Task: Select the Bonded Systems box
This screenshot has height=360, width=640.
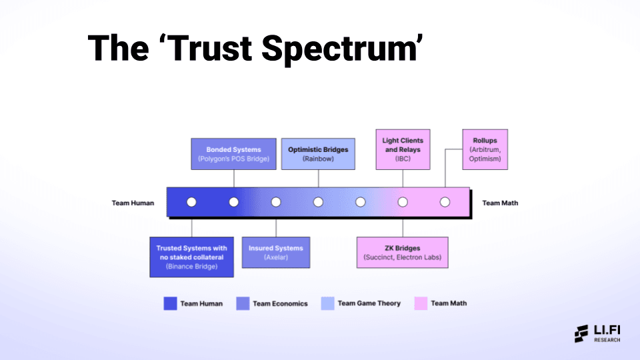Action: [233, 154]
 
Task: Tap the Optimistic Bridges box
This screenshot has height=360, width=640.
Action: [318, 154]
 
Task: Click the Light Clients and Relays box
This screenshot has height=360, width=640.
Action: [403, 149]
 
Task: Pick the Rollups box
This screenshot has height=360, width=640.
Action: [485, 149]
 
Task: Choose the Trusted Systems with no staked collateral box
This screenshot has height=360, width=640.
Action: [192, 257]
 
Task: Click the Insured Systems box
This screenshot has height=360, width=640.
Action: [275, 252]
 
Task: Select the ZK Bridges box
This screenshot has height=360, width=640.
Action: [402, 252]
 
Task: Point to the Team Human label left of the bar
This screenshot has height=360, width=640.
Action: [133, 203]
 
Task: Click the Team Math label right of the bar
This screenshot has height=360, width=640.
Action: [500, 203]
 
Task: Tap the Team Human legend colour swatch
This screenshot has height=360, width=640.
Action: [170, 303]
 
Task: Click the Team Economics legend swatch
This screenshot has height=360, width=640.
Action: [243, 303]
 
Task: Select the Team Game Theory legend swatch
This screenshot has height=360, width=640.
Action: [327, 303]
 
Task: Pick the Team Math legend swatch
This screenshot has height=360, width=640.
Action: [421, 303]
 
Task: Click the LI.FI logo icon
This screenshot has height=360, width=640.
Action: [581, 334]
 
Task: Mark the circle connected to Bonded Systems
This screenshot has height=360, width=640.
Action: [234, 202]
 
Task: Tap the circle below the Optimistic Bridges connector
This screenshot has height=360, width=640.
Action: [318, 202]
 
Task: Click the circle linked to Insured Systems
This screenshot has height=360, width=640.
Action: [276, 202]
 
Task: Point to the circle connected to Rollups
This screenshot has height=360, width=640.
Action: [445, 202]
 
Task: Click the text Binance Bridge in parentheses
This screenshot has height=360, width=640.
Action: [192, 266]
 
